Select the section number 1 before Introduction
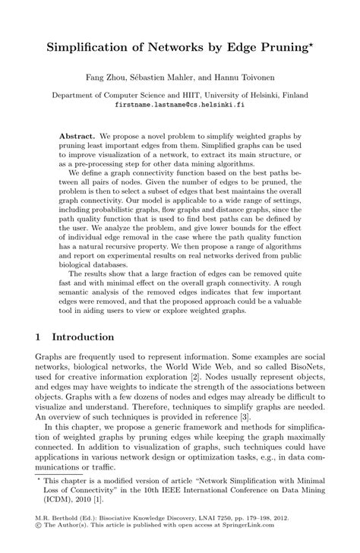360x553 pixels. click(x=39, y=335)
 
